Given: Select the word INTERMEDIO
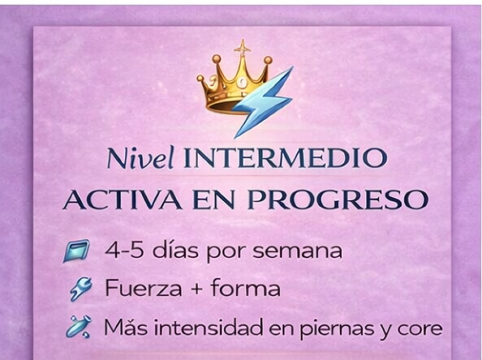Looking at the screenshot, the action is coord(285,158).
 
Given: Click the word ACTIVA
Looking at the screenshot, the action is coord(122,200).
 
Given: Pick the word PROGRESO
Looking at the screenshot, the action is coord(338,200).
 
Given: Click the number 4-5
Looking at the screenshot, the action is coord(124,251).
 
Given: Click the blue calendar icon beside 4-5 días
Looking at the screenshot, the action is coord(77,251).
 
